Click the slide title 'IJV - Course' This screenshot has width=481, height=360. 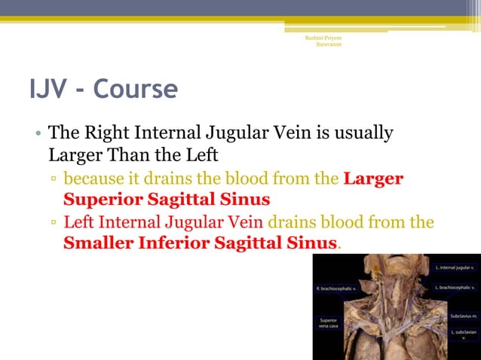pyautogui.click(x=103, y=90)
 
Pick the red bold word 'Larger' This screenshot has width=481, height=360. pyautogui.click(x=373, y=179)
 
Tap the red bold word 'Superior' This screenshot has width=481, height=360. pyautogui.click(x=102, y=200)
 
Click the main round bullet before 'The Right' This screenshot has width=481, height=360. pyautogui.click(x=37, y=136)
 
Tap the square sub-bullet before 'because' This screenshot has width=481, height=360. pyautogui.click(x=54, y=181)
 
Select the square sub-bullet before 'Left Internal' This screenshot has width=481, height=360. pyautogui.click(x=54, y=224)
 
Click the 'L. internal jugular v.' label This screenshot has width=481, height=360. pyautogui.click(x=455, y=267)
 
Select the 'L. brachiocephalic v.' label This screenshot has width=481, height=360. pyautogui.click(x=455, y=288)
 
